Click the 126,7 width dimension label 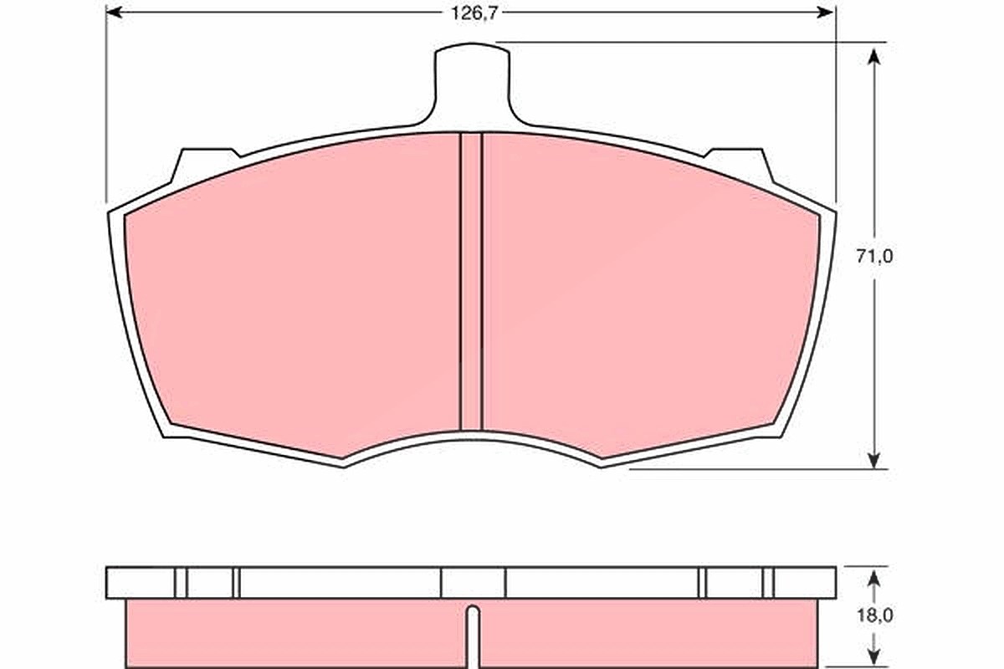tap(474, 13)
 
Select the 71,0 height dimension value tap(874, 256)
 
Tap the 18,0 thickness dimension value tap(874, 615)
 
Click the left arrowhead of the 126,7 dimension tap(115, 13)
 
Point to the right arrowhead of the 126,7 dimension tap(825, 13)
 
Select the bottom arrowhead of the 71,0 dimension tap(873, 460)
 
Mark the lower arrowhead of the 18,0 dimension tap(873, 659)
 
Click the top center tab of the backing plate tap(472, 83)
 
